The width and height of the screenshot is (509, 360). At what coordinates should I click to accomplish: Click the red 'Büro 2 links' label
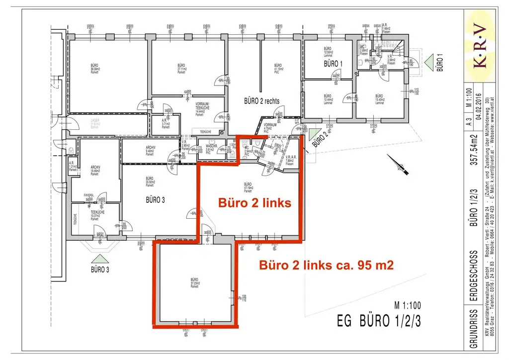254,203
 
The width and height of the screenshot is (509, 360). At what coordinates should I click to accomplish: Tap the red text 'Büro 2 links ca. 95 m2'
327,265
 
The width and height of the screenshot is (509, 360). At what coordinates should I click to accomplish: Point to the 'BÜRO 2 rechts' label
261,101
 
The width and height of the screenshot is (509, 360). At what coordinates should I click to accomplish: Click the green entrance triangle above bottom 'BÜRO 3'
100,259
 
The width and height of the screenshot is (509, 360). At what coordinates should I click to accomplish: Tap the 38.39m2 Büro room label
94,69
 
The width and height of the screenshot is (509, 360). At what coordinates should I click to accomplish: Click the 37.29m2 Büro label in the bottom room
194,284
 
